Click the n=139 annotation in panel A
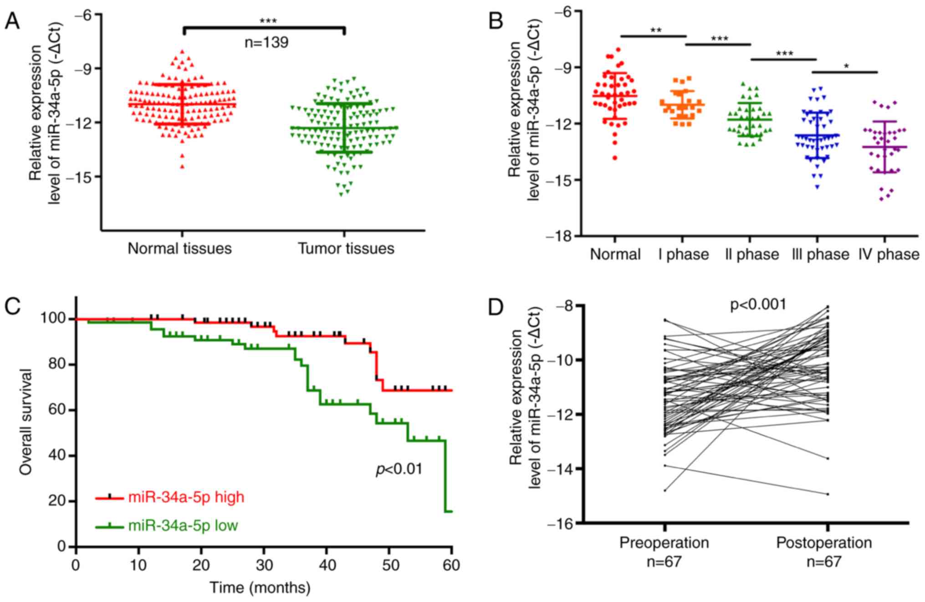(266, 43)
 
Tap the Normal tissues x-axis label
(179, 249)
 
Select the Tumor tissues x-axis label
(346, 249)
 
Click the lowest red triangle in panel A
(182, 167)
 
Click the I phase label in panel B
(683, 254)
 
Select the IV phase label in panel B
(889, 254)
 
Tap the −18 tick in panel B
(564, 236)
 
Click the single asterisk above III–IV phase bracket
(846, 66)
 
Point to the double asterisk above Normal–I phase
(656, 31)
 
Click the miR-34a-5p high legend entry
(186, 497)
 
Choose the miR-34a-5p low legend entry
(183, 525)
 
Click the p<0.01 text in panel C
(399, 469)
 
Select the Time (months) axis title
(260, 588)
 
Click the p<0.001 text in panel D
(758, 305)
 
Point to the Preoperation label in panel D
(664, 543)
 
